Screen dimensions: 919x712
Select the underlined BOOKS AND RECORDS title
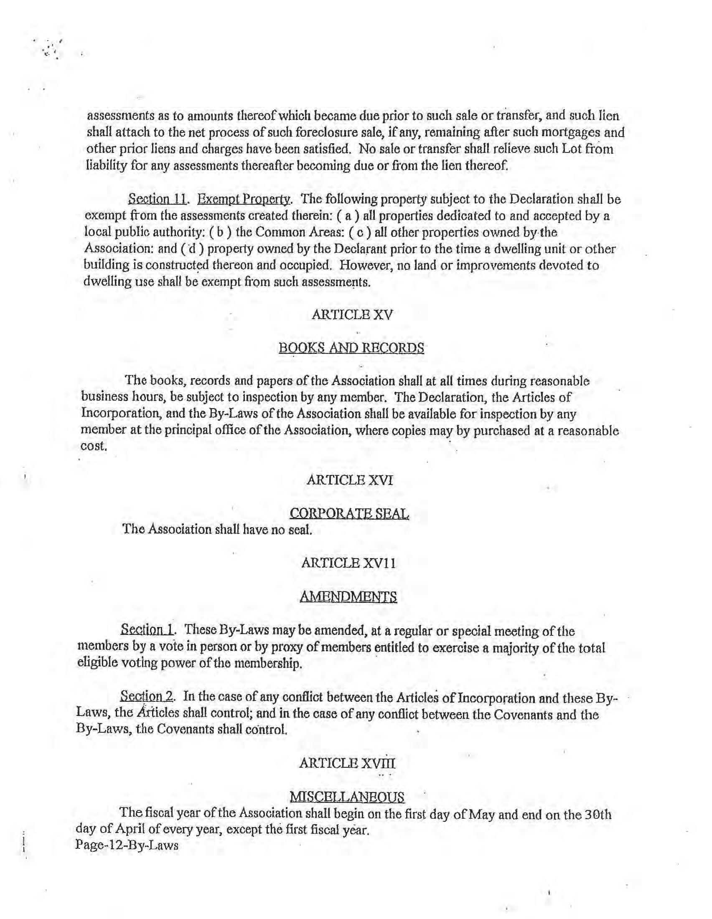(x=351, y=348)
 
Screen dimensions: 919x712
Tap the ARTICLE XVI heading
(x=350, y=480)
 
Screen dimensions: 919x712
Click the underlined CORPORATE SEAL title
(x=349, y=513)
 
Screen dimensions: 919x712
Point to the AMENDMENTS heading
(x=348, y=597)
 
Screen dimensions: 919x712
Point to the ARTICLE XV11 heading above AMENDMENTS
(x=348, y=563)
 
